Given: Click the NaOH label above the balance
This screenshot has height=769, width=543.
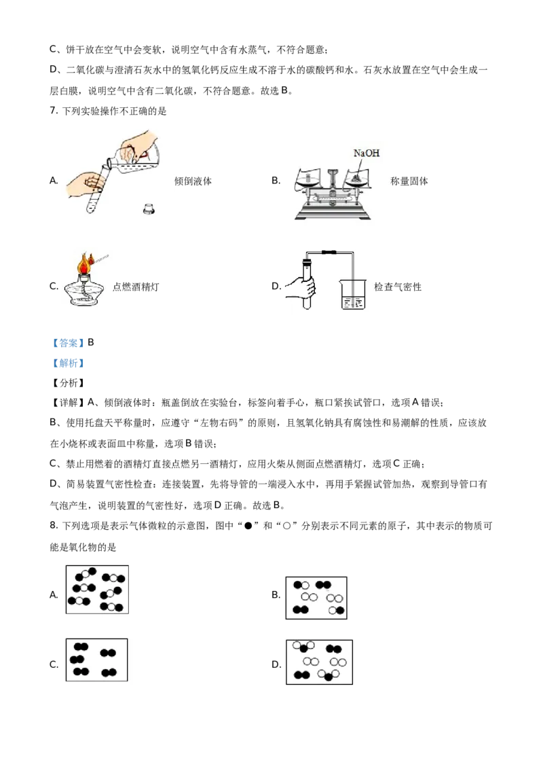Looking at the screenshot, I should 367,154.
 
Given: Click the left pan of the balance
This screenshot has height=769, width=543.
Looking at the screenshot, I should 307,180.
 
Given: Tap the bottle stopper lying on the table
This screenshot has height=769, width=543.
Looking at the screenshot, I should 147,209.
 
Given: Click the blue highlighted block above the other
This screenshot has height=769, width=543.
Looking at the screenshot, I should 68,342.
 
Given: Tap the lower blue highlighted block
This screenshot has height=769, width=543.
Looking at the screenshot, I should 68,363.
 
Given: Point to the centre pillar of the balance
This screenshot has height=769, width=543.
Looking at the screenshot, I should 332,183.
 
